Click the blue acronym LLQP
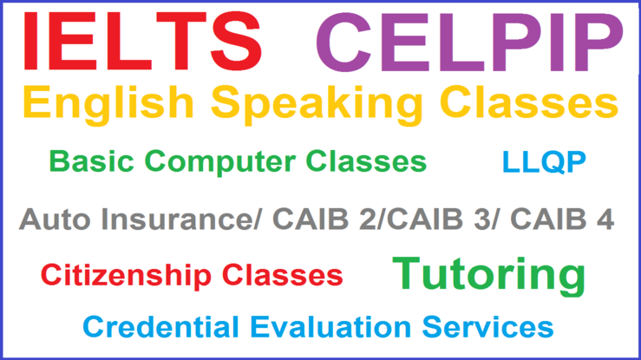click(544, 161)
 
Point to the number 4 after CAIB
click(605, 219)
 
